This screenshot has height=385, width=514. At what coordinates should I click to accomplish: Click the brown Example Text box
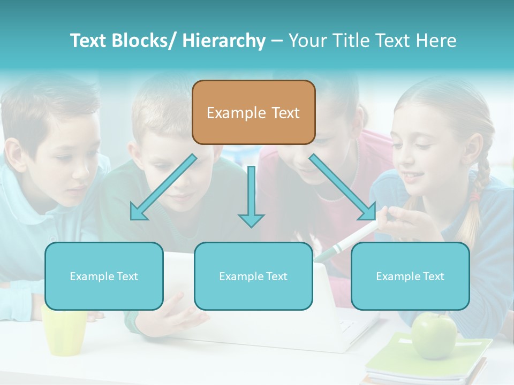point(253,113)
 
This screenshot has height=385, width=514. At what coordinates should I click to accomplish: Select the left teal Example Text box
point(104,276)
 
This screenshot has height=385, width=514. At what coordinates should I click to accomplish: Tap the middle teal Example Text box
point(253,276)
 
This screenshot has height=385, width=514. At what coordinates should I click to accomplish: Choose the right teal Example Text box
point(410,276)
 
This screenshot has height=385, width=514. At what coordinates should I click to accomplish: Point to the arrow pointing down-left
point(163,187)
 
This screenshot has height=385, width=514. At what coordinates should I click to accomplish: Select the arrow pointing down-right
point(343,187)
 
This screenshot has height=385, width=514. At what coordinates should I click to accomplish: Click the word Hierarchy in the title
point(224,41)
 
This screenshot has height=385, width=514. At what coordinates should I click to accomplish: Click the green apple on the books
point(434,335)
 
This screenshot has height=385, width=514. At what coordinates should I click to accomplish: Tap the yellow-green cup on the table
point(64,329)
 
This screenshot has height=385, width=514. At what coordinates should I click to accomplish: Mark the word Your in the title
point(307,41)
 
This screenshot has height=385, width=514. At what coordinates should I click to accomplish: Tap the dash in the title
point(277,41)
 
